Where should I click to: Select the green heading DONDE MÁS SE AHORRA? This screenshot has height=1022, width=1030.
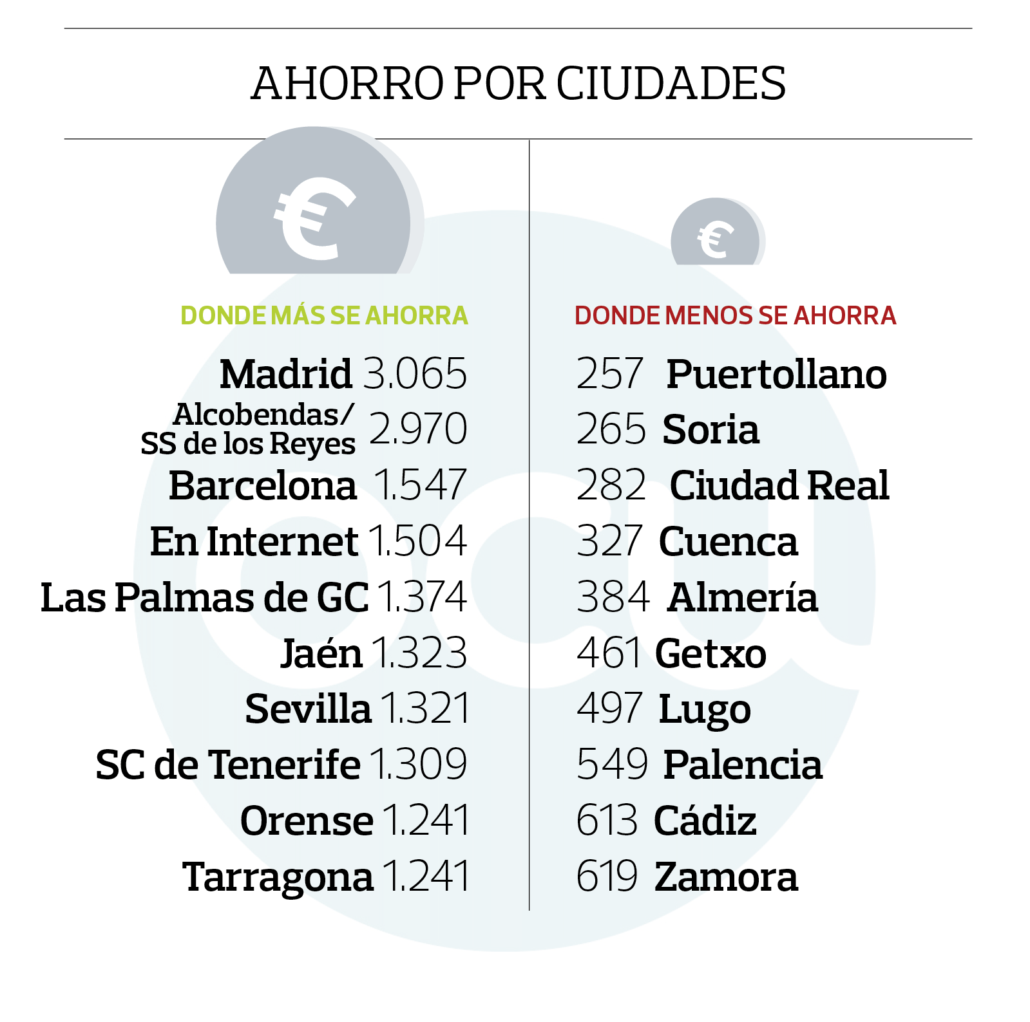(324, 315)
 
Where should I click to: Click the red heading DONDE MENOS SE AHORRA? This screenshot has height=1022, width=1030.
(735, 315)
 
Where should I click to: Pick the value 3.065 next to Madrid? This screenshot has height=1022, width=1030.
(415, 373)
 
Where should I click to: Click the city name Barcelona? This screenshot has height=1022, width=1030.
(262, 485)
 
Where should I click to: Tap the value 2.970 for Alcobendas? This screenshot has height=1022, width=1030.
(418, 429)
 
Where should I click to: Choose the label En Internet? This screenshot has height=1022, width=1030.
(254, 541)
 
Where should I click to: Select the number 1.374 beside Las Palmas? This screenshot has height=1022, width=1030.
(422, 597)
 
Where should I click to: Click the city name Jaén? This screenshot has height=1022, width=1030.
(321, 653)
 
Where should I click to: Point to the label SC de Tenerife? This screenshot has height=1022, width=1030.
(227, 765)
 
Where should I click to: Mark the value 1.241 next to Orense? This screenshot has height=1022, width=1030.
(426, 821)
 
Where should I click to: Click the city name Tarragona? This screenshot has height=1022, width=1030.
(278, 877)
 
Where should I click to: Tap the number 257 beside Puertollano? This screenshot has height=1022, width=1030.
(609, 373)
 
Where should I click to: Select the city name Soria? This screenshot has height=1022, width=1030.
(711, 429)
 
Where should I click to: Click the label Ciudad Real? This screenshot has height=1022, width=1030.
(779, 485)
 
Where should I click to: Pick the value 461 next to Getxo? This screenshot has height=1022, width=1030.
(609, 653)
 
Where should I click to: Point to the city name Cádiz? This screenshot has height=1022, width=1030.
(705, 821)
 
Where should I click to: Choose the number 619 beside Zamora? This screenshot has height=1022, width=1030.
(607, 877)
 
